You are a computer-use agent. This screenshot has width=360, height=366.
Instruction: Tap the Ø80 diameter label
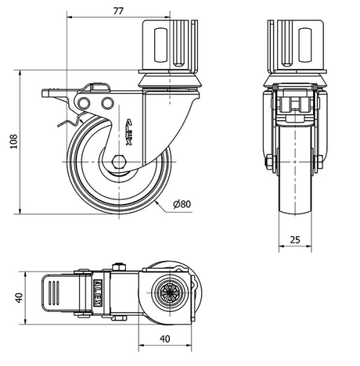pyautogui.click(x=181, y=205)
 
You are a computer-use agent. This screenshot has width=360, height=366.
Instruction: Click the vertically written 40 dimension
pyautogui.click(x=20, y=296)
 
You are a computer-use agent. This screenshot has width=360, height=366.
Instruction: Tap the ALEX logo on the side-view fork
pyautogui.click(x=130, y=133)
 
